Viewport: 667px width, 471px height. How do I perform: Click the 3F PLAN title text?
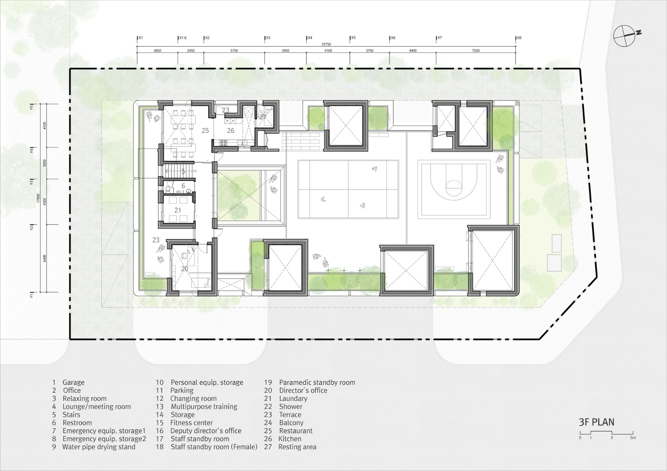click(x=596, y=421)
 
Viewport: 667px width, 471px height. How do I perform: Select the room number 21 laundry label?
click(x=178, y=210)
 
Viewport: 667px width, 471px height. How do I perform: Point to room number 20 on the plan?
click(x=185, y=269)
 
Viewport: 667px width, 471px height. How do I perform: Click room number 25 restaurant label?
click(x=205, y=130)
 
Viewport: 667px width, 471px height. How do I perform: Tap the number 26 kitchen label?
click(x=231, y=130)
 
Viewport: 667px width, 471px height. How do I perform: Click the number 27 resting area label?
click(x=263, y=117)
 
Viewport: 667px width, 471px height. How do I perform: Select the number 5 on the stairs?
click(x=183, y=171)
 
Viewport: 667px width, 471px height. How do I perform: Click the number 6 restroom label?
click(x=183, y=186)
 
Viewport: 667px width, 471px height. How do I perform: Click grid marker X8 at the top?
click(x=519, y=38)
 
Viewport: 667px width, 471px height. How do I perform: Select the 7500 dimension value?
click(x=476, y=51)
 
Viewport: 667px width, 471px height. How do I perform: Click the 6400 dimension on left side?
click(x=45, y=258)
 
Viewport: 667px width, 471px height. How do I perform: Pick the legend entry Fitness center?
click(x=191, y=423)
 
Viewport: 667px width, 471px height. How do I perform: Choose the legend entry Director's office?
click(x=303, y=390)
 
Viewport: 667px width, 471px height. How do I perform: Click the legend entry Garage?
click(x=73, y=382)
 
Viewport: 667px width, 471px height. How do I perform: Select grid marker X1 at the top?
click(x=140, y=38)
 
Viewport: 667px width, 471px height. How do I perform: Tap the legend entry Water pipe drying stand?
click(x=98, y=447)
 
